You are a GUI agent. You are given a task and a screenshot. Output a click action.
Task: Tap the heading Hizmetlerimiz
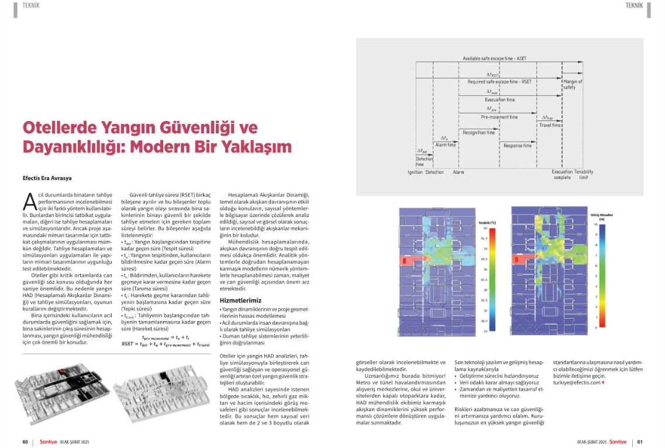pyautogui.click(x=240, y=300)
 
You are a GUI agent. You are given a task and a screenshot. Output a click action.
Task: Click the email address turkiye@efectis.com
pyautogui.click(x=576, y=382)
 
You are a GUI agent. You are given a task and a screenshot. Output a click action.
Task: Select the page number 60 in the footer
pyautogui.click(x=25, y=442)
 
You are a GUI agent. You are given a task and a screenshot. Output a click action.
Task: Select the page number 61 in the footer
pyautogui.click(x=640, y=442)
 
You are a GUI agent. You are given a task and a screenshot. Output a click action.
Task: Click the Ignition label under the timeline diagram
pyautogui.click(x=415, y=172)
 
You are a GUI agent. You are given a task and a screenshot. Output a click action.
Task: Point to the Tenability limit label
pyautogui.click(x=584, y=174)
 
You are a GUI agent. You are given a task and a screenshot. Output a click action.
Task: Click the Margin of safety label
pyautogui.click(x=573, y=84)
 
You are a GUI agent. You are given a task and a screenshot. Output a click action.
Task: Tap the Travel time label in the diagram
pyautogui.click(x=549, y=125)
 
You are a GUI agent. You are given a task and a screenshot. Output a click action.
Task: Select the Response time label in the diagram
pyautogui.click(x=517, y=146)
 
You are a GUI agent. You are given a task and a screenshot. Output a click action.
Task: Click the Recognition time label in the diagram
pyautogui.click(x=478, y=133)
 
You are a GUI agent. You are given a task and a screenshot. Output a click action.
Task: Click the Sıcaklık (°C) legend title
pyautogui.click(x=487, y=223)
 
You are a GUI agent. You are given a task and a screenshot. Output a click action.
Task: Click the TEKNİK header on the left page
pyautogui.click(x=31, y=5)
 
